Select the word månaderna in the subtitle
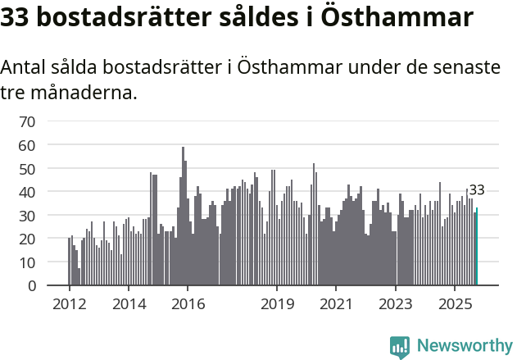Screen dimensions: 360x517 tap(82, 93)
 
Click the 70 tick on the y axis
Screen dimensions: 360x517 tap(27, 121)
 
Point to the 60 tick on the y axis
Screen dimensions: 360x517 tap(27, 145)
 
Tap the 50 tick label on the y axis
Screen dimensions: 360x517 tap(27, 169)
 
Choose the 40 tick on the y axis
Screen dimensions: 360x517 tap(27, 192)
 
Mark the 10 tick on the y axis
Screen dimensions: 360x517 tap(27, 262)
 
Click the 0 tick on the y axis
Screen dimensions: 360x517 tap(32, 286)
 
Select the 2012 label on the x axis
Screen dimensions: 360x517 tap(69, 304)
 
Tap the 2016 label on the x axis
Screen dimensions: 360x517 tap(188, 304)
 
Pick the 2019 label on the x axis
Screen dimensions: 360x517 tap(277, 304)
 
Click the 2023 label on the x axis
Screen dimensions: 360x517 tap(396, 304)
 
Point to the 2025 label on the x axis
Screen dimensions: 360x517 tap(456, 304)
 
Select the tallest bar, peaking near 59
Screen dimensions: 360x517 tap(183, 217)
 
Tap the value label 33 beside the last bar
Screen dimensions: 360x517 tap(477, 190)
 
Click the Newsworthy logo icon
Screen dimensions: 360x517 tap(400, 347)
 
